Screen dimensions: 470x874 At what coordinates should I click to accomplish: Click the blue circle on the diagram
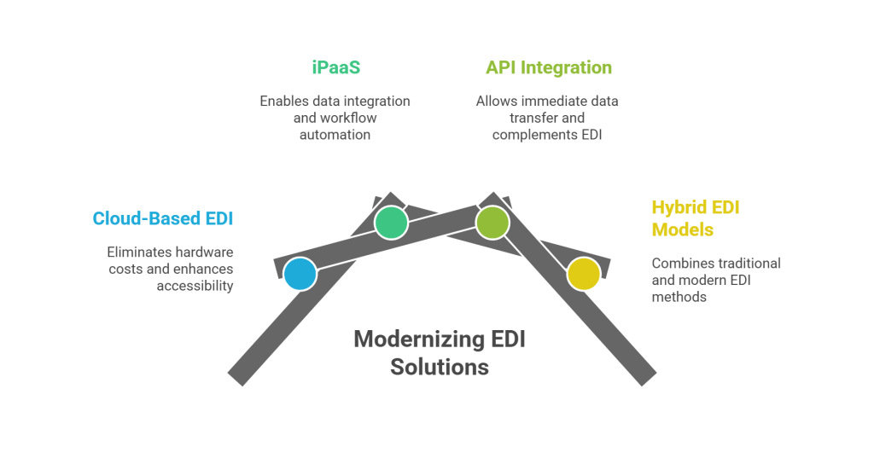300,274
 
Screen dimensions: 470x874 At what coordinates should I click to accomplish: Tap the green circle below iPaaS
391,222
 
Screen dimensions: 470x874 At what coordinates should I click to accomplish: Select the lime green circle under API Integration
492,222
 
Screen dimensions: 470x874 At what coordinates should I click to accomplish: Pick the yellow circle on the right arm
584,274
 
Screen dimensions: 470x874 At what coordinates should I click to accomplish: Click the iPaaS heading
335,67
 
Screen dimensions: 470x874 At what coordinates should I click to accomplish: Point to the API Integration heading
548,67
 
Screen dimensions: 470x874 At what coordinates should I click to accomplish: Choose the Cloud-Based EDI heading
163,218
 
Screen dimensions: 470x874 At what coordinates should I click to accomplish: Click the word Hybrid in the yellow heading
674,208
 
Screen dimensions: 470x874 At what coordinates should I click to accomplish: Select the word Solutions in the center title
440,367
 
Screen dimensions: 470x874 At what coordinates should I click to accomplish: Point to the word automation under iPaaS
335,135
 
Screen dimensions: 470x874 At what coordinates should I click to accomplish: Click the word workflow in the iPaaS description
346,118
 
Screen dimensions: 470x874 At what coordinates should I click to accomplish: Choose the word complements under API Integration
527,135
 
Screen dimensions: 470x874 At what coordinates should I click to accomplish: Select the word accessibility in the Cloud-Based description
195,286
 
